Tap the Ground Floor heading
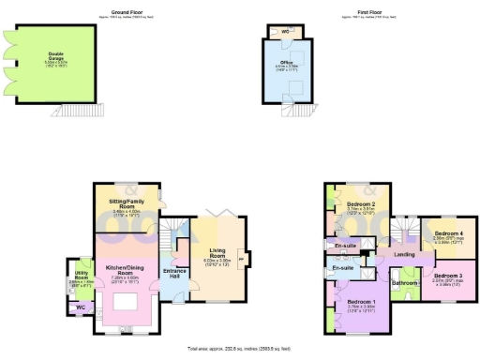point(125,12)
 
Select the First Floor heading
point(362,12)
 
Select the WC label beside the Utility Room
point(80,305)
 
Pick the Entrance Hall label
point(173,273)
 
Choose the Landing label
point(404,254)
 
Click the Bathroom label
point(404,282)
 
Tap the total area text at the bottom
point(240,348)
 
